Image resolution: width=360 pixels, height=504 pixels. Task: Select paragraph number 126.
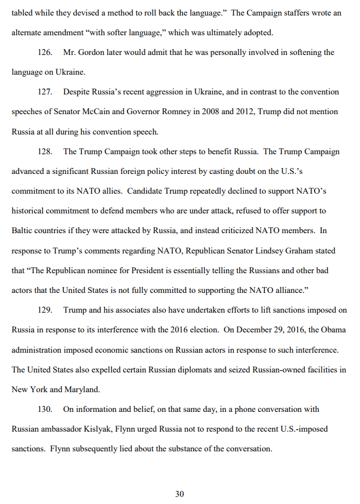point(45,53)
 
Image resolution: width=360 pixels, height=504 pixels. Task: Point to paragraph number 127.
point(45,92)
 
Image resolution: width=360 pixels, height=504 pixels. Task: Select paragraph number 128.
point(45,151)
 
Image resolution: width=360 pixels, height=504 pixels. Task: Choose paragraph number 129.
point(45,310)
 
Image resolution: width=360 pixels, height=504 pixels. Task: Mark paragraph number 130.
point(45,409)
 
